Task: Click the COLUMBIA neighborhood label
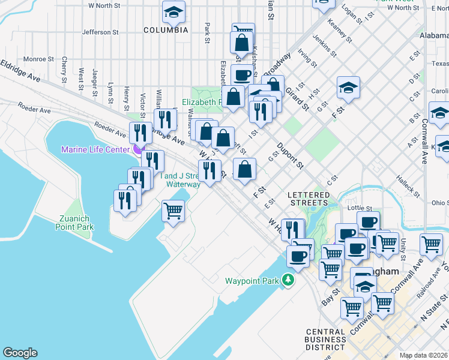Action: (x=166, y=29)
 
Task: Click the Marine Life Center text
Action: (x=95, y=149)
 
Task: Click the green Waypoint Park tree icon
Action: (x=289, y=280)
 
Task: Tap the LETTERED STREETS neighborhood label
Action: (x=309, y=200)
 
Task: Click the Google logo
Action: (x=20, y=353)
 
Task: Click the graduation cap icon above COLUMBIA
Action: (x=173, y=11)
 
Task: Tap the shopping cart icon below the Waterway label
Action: (x=173, y=211)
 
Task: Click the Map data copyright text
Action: (x=424, y=355)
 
